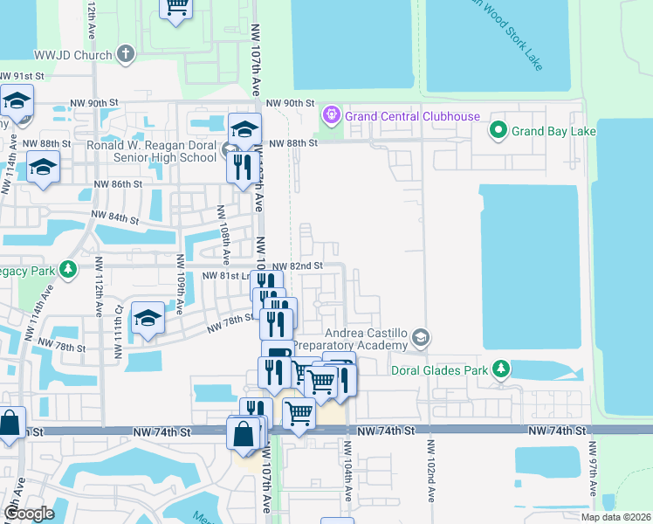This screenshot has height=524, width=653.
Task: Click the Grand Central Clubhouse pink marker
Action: tap(331, 115)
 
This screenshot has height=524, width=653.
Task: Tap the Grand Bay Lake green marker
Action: tap(498, 132)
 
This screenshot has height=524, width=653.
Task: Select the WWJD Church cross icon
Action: tap(126, 54)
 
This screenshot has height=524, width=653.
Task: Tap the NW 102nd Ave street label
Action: tap(430, 469)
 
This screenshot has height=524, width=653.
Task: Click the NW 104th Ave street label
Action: tap(347, 468)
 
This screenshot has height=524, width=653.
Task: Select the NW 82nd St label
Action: tap(299, 265)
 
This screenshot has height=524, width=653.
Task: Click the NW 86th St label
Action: tap(118, 185)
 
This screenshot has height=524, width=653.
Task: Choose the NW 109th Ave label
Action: tap(179, 284)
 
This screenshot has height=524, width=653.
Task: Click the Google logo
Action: tap(29, 513)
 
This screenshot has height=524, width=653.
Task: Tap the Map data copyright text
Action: tap(614, 517)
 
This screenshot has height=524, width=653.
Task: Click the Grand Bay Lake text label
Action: tap(553, 132)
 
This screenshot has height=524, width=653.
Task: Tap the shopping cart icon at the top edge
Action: tap(177, 8)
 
